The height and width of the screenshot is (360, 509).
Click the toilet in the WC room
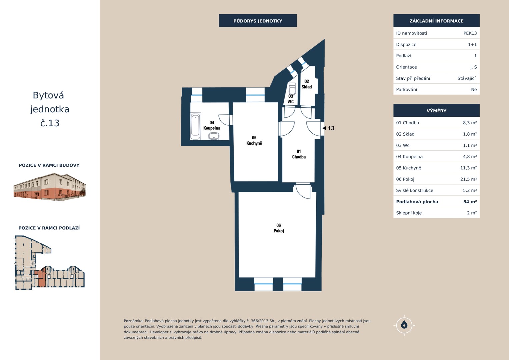pos(292,89)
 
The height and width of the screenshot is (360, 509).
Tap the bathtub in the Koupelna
pos(195,126)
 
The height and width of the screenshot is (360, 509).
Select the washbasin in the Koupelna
pos(214,136)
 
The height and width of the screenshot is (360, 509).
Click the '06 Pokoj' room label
pos(279,228)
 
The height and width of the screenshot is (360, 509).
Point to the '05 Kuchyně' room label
pos(254,140)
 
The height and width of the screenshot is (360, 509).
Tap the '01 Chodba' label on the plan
pos(299,154)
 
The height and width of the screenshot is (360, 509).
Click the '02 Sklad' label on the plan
pos(307,84)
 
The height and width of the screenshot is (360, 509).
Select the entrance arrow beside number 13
pos(324,128)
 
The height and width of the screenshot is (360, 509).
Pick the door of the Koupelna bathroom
pos(225,120)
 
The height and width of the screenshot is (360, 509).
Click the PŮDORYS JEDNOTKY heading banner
pos(258,21)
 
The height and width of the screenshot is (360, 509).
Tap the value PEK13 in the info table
pos(470,33)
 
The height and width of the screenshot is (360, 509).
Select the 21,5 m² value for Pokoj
pos(468,179)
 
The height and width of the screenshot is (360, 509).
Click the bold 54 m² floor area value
pos(470,202)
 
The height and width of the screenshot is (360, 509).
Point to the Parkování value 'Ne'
pos(474,90)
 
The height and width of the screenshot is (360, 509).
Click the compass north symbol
pos(404,325)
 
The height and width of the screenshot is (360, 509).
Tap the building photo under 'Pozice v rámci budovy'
pos(50,187)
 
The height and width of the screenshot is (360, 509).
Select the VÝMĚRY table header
pos(436,111)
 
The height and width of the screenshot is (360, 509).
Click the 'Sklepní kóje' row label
pos(409,213)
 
